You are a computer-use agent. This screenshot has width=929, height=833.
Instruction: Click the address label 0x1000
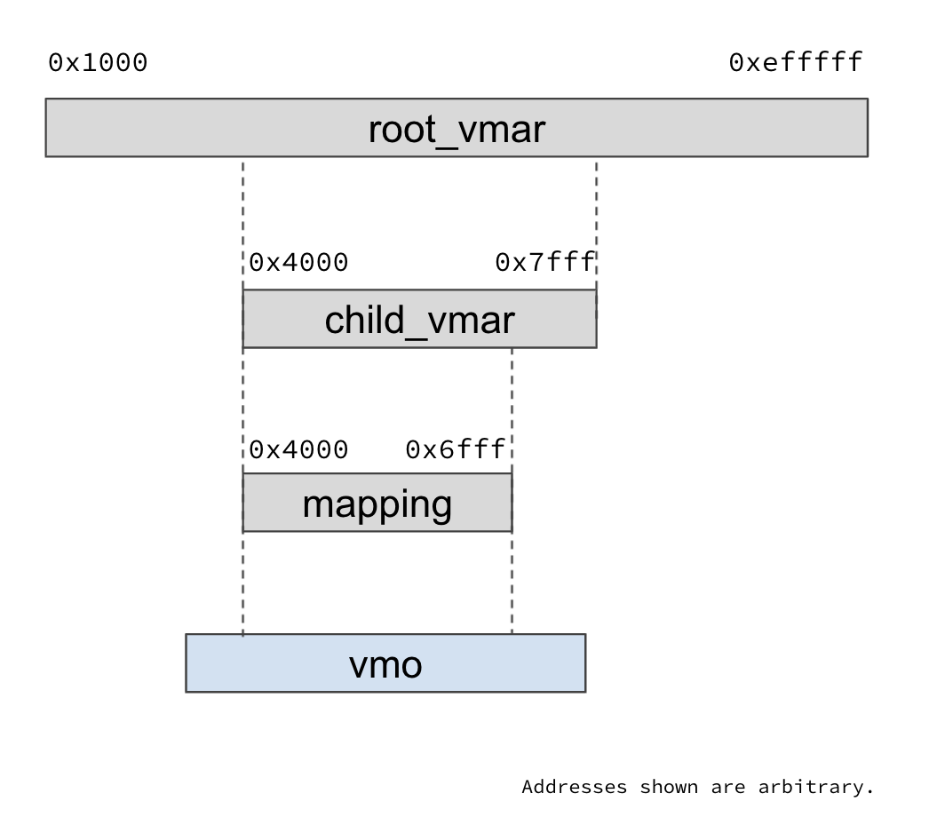tap(98, 63)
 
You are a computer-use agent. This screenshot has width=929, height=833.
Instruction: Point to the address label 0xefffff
tap(796, 63)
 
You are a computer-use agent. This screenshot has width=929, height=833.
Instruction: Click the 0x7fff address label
tap(544, 263)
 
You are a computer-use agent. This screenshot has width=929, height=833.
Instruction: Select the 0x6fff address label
tap(455, 450)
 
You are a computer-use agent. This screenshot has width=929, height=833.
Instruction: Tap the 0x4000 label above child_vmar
tap(298, 263)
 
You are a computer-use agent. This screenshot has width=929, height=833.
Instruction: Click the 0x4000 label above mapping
tap(298, 450)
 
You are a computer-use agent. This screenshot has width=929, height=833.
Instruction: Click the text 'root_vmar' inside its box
tap(457, 130)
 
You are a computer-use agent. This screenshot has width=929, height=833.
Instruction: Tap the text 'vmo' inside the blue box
tap(385, 664)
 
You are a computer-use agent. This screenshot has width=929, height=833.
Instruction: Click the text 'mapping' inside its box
tap(377, 504)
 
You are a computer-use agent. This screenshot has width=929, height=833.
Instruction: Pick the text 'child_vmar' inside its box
tap(419, 321)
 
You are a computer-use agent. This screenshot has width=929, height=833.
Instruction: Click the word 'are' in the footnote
tap(727, 787)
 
